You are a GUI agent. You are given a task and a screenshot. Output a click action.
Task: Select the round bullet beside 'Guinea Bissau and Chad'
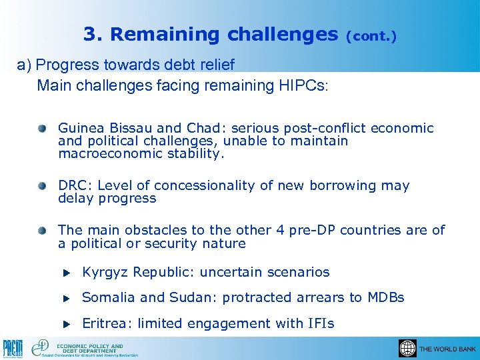(x=43, y=127)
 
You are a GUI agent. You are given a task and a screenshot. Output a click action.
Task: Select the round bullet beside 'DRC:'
(x=43, y=185)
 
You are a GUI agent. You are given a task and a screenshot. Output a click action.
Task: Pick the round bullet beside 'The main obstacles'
(x=43, y=229)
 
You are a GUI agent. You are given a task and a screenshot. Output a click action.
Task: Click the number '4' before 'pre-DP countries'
(x=280, y=230)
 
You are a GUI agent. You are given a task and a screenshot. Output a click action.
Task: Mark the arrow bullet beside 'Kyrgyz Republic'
(x=66, y=273)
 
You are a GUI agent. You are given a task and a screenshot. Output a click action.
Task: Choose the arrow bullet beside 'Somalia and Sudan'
(x=66, y=298)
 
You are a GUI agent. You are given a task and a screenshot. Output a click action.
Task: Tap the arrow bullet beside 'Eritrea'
(x=66, y=324)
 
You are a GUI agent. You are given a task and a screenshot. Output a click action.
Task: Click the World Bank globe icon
(x=407, y=348)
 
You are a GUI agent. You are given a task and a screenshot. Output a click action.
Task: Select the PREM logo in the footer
(x=13, y=348)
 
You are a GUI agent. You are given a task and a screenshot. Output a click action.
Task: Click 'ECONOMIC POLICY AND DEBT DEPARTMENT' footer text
(x=90, y=347)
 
